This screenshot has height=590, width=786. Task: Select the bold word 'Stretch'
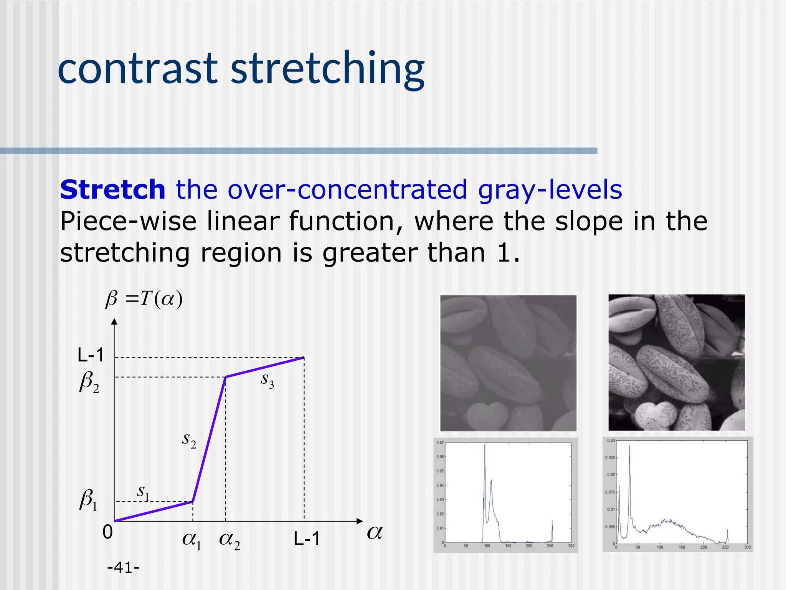point(112,190)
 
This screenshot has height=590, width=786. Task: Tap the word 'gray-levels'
point(550,190)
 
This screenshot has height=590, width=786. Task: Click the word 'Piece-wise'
point(128,222)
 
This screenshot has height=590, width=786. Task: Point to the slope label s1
point(143,492)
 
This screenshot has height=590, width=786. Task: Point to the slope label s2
point(189,439)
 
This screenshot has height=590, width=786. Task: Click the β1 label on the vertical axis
point(88,501)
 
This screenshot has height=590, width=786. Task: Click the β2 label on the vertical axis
point(89,383)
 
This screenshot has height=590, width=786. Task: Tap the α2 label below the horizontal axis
point(229,540)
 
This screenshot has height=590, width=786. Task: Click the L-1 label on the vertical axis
point(91,355)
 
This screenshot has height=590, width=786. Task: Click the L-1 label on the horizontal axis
point(306,539)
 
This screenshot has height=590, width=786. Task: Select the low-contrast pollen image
point(508,363)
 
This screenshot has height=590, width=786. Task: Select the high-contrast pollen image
point(676,362)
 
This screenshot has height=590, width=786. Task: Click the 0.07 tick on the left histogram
point(440,443)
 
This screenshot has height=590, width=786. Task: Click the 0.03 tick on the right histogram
point(611,441)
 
